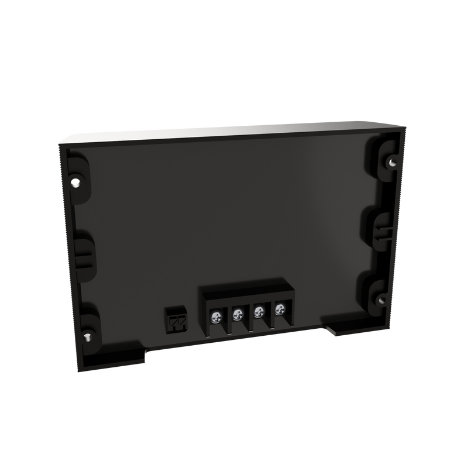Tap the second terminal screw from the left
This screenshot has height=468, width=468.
click(x=237, y=315)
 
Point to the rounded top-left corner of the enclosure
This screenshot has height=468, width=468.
click(x=63, y=140)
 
